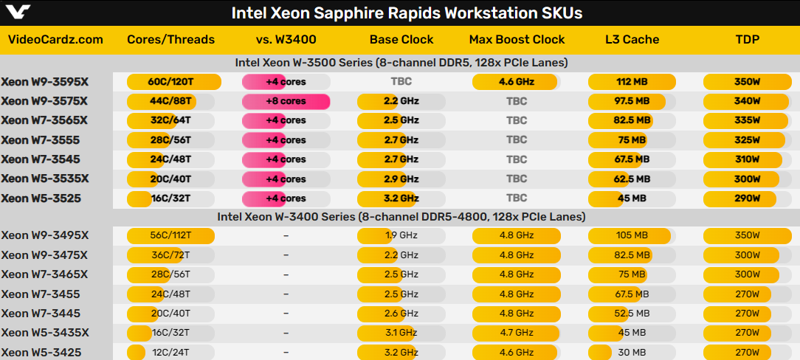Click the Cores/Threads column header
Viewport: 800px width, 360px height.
pyautogui.click(x=170, y=40)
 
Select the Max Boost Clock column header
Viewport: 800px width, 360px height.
pyautogui.click(x=517, y=40)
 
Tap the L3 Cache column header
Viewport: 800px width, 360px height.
pyautogui.click(x=631, y=40)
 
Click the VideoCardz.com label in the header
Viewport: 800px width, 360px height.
pyautogui.click(x=55, y=40)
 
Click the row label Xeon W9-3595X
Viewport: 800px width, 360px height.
pyautogui.click(x=45, y=82)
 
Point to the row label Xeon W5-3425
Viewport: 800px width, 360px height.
pyautogui.click(x=41, y=352)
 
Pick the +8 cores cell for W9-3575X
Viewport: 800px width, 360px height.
pyautogui.click(x=286, y=101)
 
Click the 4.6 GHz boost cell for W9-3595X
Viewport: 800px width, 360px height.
pyautogui.click(x=516, y=82)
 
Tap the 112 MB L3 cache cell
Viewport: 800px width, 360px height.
pyautogui.click(x=632, y=82)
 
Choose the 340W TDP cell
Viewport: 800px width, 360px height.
pyautogui.click(x=747, y=101)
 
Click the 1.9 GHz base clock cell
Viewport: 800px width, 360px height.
pyautogui.click(x=401, y=235)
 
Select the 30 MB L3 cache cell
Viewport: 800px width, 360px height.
pyautogui.click(x=631, y=352)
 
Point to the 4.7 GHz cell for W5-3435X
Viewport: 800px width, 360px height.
pyautogui.click(x=516, y=333)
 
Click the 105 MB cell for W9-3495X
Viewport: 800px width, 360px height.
pyautogui.click(x=631, y=235)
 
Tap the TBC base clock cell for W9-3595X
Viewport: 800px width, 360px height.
pyautogui.click(x=401, y=82)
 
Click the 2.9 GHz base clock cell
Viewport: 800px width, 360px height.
pyautogui.click(x=401, y=179)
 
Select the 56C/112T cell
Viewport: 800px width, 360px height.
pyautogui.click(x=170, y=235)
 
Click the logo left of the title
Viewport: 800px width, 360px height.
pyautogui.click(x=16, y=13)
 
